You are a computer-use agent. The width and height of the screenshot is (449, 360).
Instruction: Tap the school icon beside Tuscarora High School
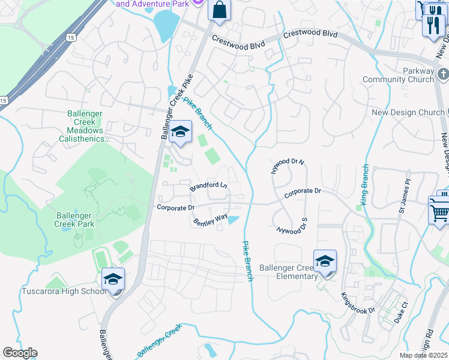pos(113,280)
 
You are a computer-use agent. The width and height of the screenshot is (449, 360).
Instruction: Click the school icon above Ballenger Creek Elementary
pos(325,262)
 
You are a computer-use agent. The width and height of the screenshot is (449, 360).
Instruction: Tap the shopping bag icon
pos(219,10)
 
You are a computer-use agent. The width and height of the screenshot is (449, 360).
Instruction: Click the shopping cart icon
pos(439,211)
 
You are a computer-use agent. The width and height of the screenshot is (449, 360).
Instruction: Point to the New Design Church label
pos(408,112)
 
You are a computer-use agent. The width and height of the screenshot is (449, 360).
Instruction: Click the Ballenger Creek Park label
pos(76,220)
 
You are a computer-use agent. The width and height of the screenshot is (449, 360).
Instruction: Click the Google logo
pos(20,353)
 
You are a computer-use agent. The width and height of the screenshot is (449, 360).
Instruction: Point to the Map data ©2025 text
pos(423,355)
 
